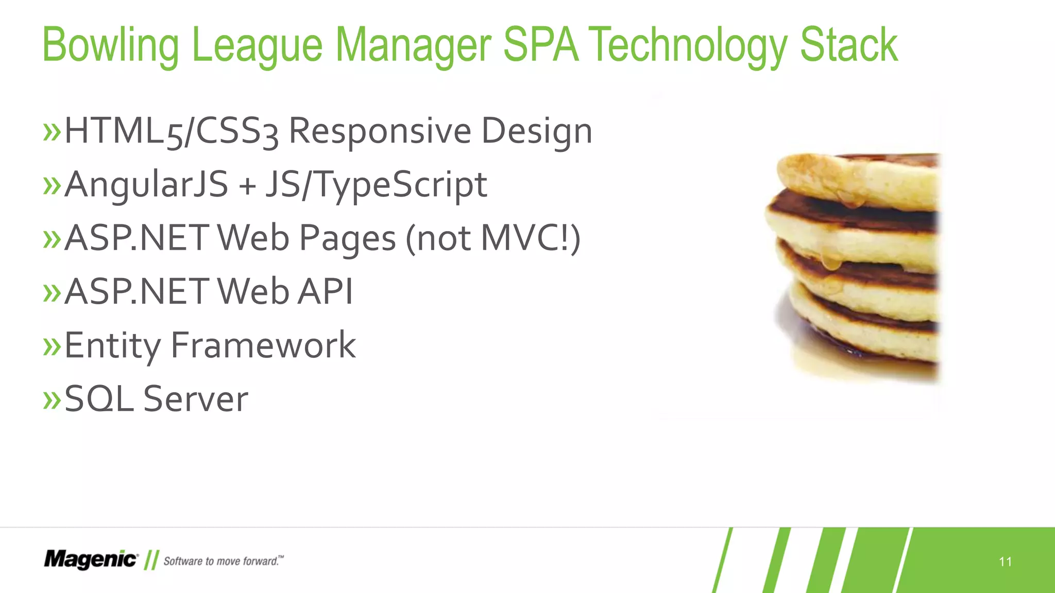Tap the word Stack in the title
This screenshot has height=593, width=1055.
848,45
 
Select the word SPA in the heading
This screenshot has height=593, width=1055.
540,45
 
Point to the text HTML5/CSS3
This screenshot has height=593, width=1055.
171,131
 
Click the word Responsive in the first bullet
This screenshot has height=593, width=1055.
380,131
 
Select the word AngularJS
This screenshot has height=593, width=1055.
146,185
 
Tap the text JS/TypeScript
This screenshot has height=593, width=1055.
376,185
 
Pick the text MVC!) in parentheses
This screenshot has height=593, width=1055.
531,238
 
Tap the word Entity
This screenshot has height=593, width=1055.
112,345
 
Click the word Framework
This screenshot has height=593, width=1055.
263,345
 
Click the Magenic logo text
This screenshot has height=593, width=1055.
91,560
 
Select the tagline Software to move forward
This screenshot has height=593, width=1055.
223,561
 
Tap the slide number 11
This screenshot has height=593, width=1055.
1005,562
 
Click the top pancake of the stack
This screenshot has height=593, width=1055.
855,180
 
